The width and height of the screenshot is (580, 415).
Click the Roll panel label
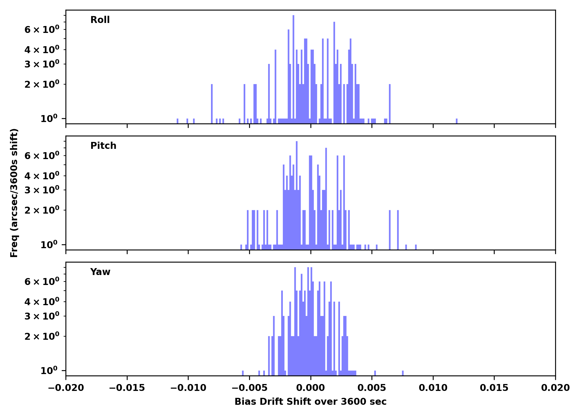click(x=100, y=20)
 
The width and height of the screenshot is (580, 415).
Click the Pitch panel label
click(x=103, y=146)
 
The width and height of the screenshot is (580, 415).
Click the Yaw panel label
click(x=100, y=272)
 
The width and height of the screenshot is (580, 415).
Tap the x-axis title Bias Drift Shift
click(x=310, y=402)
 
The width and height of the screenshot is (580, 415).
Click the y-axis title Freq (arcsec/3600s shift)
click(x=14, y=193)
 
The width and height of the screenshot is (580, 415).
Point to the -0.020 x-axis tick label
click(x=66, y=388)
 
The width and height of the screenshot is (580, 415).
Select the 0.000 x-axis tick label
click(x=310, y=388)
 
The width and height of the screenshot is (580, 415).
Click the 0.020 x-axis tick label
click(x=555, y=388)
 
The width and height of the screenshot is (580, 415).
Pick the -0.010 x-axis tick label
click(x=188, y=388)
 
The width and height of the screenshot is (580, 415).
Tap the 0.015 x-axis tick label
click(x=494, y=388)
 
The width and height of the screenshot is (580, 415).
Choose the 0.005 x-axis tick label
click(x=372, y=388)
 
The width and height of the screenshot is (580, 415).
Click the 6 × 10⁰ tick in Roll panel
click(x=42, y=29)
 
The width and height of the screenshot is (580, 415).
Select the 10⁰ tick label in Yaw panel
click(x=49, y=370)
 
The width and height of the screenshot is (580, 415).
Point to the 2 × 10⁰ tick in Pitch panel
click(x=42, y=210)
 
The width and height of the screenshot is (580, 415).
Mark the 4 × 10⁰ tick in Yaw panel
click(x=42, y=302)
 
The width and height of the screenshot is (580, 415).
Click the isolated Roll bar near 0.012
click(x=457, y=121)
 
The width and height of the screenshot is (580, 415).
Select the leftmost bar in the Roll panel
click(x=178, y=121)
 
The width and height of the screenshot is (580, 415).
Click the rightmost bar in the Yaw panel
click(x=403, y=373)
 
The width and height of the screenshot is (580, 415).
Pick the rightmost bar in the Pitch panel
click(x=416, y=247)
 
